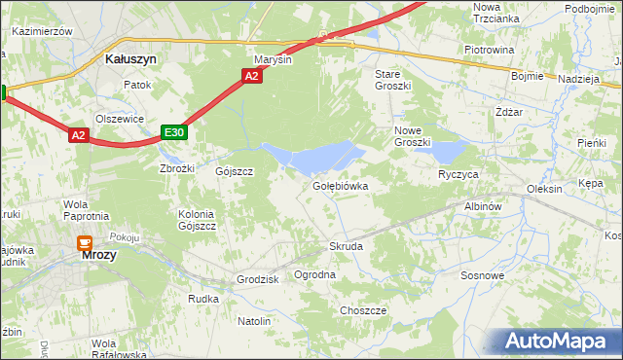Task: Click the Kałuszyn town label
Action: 130,58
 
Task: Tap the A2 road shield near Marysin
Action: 252,76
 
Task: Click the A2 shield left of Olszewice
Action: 80,136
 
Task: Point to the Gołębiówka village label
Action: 340,185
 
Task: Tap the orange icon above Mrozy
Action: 86,243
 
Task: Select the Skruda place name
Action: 346,246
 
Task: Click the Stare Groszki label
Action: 394,80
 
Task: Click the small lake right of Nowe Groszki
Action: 450,151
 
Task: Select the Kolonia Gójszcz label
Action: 197,220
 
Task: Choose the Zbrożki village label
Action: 177,167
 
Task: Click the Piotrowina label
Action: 489,50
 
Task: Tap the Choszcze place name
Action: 363,310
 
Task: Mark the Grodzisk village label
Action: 258,279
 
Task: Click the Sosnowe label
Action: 483,275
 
